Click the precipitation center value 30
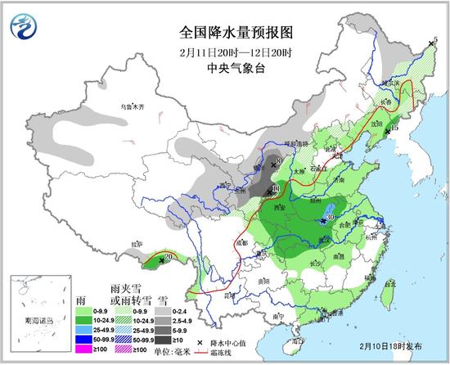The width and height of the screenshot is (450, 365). click(x=331, y=218)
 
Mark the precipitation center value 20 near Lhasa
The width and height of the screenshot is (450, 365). click(x=169, y=257)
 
